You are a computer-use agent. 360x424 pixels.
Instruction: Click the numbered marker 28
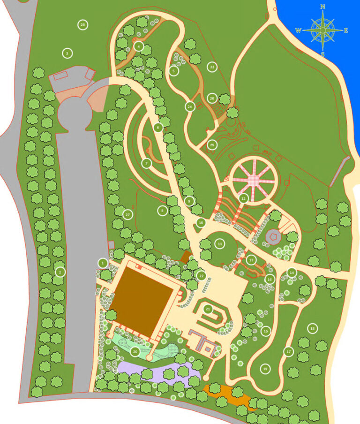(82, 25)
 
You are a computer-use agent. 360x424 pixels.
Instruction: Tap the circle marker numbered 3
(67, 53)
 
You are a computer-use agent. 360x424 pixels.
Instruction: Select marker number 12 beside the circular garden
(243, 198)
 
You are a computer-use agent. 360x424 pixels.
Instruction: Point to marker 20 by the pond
(135, 351)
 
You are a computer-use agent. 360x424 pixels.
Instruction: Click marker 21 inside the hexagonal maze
(208, 309)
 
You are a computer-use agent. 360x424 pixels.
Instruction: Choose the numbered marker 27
(127, 214)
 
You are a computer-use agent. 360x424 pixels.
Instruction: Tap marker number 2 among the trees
(60, 272)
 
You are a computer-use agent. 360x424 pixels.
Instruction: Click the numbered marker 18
(313, 328)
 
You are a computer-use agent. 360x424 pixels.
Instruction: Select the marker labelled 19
(265, 369)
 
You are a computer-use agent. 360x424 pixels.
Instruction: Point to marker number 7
(146, 163)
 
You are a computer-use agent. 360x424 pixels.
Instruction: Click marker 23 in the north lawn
(212, 67)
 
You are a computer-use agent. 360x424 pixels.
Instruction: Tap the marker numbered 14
(292, 273)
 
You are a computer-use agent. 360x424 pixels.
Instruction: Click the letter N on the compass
(323, 7)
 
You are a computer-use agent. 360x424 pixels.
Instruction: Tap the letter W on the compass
(298, 30)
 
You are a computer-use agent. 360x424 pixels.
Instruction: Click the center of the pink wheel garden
(253, 181)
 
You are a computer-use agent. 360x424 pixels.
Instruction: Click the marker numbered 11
(220, 244)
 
